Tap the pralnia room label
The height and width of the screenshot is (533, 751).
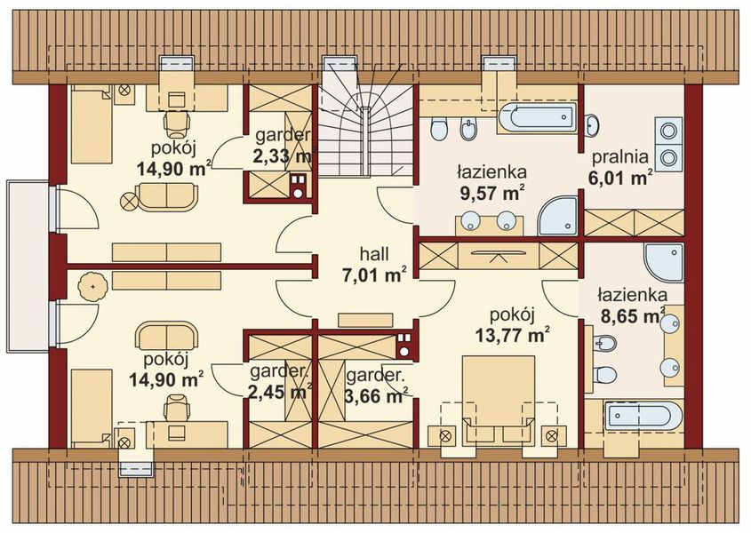click(620, 156)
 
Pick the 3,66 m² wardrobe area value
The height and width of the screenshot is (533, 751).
click(377, 396)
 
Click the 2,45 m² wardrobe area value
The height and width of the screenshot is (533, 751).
click(281, 392)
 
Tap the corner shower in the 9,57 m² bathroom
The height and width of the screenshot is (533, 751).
click(558, 216)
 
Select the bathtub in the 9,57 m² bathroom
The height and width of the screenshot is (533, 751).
click(538, 116)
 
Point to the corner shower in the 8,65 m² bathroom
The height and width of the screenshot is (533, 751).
click(664, 262)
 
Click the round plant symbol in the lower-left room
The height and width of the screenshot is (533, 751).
click(93, 286)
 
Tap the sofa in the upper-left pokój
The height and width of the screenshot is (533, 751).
click(167, 197)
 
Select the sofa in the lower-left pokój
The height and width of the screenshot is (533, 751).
click(167, 335)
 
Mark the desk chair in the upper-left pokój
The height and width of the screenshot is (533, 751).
click(177, 123)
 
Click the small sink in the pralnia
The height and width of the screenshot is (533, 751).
click(592, 125)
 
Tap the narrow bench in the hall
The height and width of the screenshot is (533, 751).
click(365, 320)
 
